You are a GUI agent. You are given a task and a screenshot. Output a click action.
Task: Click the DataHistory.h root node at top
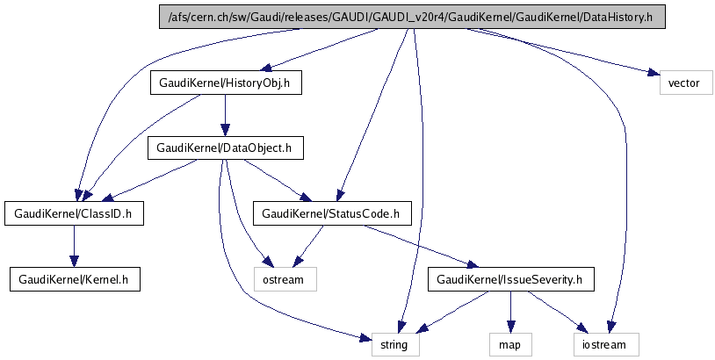coord(411,18)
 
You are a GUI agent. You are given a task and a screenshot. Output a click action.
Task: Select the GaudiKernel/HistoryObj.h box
coord(226,83)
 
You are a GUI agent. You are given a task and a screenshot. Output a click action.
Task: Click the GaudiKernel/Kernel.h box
coord(74,279)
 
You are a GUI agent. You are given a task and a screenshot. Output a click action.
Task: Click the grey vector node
coord(683,83)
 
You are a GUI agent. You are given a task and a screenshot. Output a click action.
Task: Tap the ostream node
coord(285,279)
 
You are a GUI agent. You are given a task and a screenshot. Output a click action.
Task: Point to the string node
coord(394,344)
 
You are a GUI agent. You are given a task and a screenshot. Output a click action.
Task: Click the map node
coord(509,344)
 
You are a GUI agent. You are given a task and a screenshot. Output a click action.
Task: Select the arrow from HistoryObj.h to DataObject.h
coord(227,116)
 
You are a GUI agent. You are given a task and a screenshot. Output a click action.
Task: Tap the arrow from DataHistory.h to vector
coord(562,53)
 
